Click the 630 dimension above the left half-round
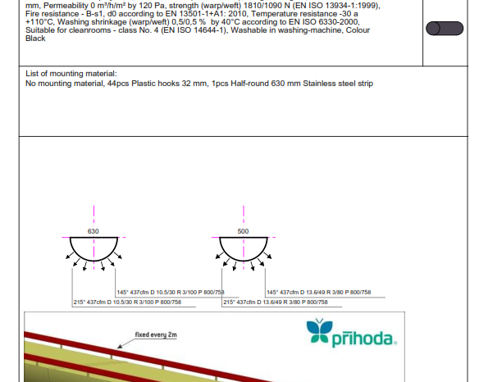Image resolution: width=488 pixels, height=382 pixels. pos(93,231)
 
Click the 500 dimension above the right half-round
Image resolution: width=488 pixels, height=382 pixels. pos(243,231)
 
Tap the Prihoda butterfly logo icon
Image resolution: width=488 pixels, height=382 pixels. pos(319,330)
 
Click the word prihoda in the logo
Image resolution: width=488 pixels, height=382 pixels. pos(364,339)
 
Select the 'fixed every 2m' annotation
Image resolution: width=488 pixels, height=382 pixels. pos(156,335)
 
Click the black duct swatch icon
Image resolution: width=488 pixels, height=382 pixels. pos(445,29)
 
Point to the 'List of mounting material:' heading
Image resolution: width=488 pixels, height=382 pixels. pos(71,74)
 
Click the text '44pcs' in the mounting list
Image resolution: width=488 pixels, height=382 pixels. pos(118,84)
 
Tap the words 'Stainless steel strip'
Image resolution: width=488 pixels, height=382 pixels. pos(338,84)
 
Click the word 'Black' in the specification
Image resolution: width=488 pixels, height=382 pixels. pos(35,39)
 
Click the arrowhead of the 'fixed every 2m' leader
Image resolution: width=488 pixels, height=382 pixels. pos(119,347)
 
